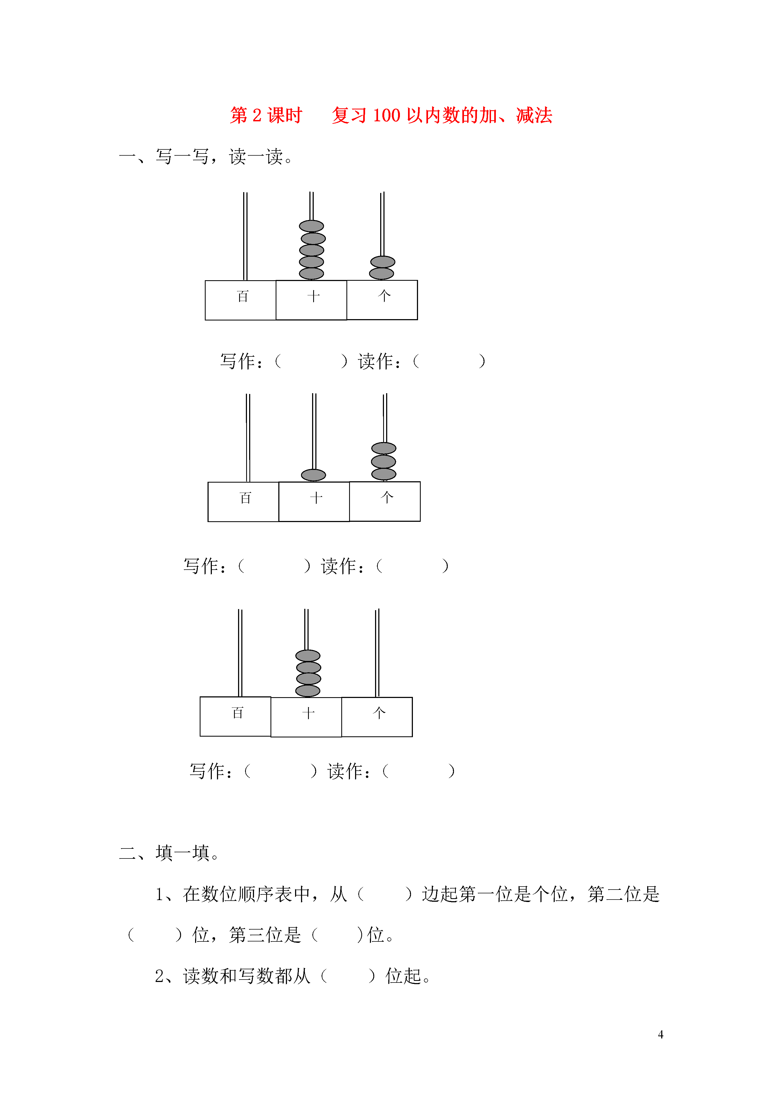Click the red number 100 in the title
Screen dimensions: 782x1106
point(386,116)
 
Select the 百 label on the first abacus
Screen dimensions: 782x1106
point(243,296)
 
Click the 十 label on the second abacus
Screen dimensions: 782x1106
point(316,497)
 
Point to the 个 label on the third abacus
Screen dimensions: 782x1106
point(379,713)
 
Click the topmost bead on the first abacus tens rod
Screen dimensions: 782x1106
point(311,226)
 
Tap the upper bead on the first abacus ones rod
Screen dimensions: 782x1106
point(383,262)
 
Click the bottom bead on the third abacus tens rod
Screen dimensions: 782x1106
point(308,691)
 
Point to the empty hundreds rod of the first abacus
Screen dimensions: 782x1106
point(245,236)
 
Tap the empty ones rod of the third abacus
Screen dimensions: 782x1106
point(377,653)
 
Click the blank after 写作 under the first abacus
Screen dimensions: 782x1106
point(311,361)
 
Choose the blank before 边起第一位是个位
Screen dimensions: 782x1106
point(385,894)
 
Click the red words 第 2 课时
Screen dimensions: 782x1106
point(266,116)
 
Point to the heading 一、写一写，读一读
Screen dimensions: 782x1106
point(206,156)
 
